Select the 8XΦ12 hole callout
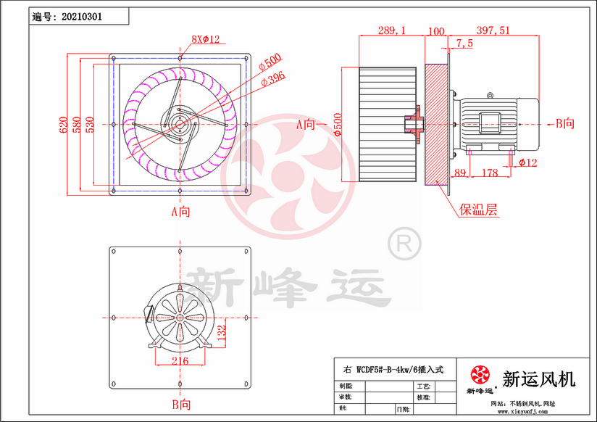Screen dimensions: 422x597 coord(205,38)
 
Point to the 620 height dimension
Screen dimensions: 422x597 coord(63,124)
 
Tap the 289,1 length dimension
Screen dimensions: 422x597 coord(392,30)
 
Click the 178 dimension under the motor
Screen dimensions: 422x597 coord(490,173)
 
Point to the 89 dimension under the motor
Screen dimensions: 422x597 coord(459,173)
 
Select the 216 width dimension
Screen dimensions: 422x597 coord(180,361)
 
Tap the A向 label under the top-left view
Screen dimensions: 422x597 coord(180,212)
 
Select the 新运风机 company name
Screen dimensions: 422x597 coord(538,378)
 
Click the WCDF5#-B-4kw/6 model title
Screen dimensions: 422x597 coord(395,369)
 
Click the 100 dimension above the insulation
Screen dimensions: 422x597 coord(436,30)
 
